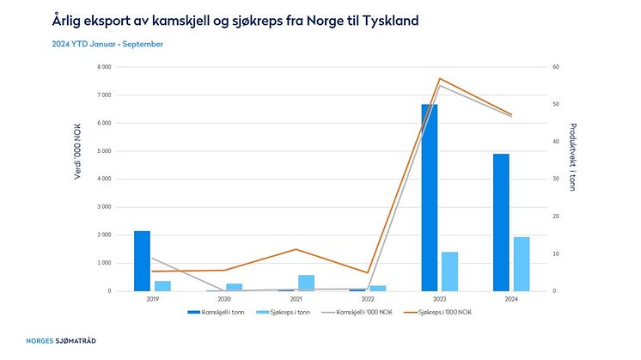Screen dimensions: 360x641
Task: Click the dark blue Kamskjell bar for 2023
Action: (429, 198)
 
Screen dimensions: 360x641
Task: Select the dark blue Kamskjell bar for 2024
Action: (501, 223)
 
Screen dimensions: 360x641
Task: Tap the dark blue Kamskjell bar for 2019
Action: (142, 261)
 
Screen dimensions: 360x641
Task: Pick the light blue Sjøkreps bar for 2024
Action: (522, 264)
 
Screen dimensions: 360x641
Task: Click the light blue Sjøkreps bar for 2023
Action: (449, 272)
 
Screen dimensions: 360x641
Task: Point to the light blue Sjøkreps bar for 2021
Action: (306, 283)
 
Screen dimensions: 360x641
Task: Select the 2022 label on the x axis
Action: (368, 299)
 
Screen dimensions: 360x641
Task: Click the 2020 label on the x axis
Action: (224, 299)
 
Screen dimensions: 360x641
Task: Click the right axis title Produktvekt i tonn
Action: (573, 179)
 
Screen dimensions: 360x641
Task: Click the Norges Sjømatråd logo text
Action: (61, 341)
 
